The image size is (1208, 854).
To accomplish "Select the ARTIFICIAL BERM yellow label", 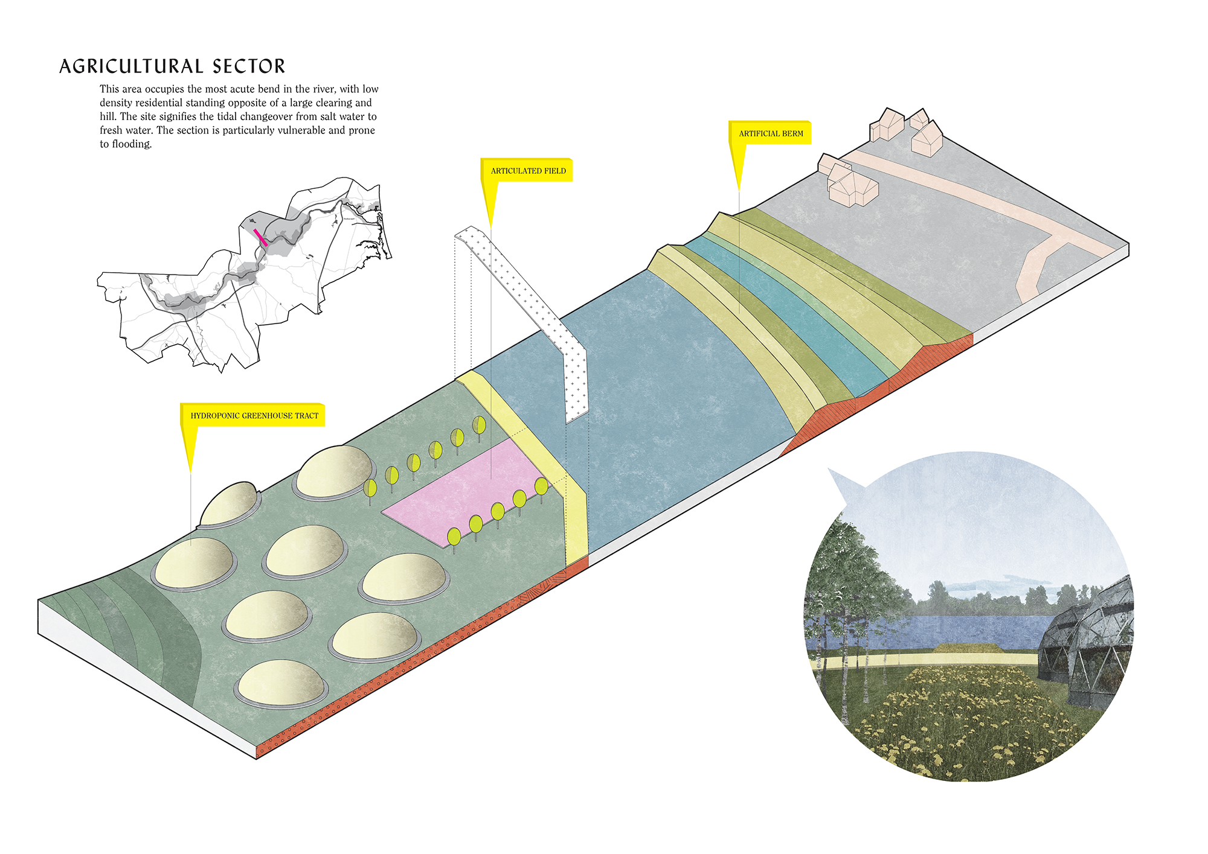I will tap(771, 133).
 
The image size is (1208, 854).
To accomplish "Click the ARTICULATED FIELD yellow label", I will tap(528, 171).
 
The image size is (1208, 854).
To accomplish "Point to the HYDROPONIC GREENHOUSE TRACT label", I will tap(254, 415).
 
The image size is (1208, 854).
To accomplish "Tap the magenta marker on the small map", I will tap(260, 237).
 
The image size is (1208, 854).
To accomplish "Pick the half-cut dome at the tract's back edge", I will tap(228, 504).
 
